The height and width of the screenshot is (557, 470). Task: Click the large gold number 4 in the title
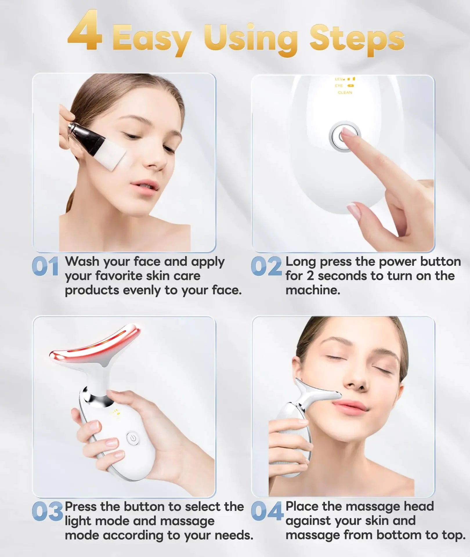tap(85, 31)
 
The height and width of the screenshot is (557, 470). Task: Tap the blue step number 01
tap(45, 267)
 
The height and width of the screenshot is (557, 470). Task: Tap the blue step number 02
tap(266, 267)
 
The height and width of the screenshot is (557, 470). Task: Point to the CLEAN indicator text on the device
tap(345, 93)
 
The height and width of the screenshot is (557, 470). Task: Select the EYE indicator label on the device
tap(339, 86)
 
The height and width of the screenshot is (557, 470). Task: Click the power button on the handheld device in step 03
tap(133, 446)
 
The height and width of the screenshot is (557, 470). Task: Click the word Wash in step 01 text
tap(82, 262)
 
